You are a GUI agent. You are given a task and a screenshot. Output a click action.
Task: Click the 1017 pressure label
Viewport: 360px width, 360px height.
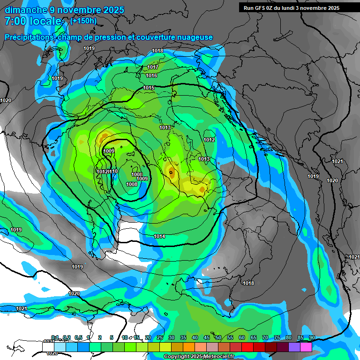tap(153, 67)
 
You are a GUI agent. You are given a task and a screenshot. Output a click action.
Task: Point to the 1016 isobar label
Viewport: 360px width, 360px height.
tap(151, 75)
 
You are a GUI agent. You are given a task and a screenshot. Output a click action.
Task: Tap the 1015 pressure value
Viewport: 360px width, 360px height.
tap(149, 88)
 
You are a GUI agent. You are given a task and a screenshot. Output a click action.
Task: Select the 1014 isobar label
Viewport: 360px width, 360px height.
tap(159, 236)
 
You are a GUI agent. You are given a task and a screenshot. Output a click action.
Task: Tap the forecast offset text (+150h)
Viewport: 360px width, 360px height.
tap(83, 21)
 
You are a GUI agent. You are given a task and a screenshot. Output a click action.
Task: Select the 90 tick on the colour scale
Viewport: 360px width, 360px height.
tap(312, 337)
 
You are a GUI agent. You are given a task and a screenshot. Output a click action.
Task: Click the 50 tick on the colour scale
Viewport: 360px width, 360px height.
tap(218, 337)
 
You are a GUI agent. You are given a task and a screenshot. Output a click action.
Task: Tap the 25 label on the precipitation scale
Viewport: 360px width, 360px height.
tap(160, 337)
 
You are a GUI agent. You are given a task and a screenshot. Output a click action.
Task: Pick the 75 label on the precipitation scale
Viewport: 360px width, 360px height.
tap(277, 337)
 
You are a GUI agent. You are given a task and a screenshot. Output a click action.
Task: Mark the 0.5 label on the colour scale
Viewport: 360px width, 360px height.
tap(78, 337)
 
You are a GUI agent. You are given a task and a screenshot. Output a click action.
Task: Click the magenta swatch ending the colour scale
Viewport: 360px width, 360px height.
tap(306, 347)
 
